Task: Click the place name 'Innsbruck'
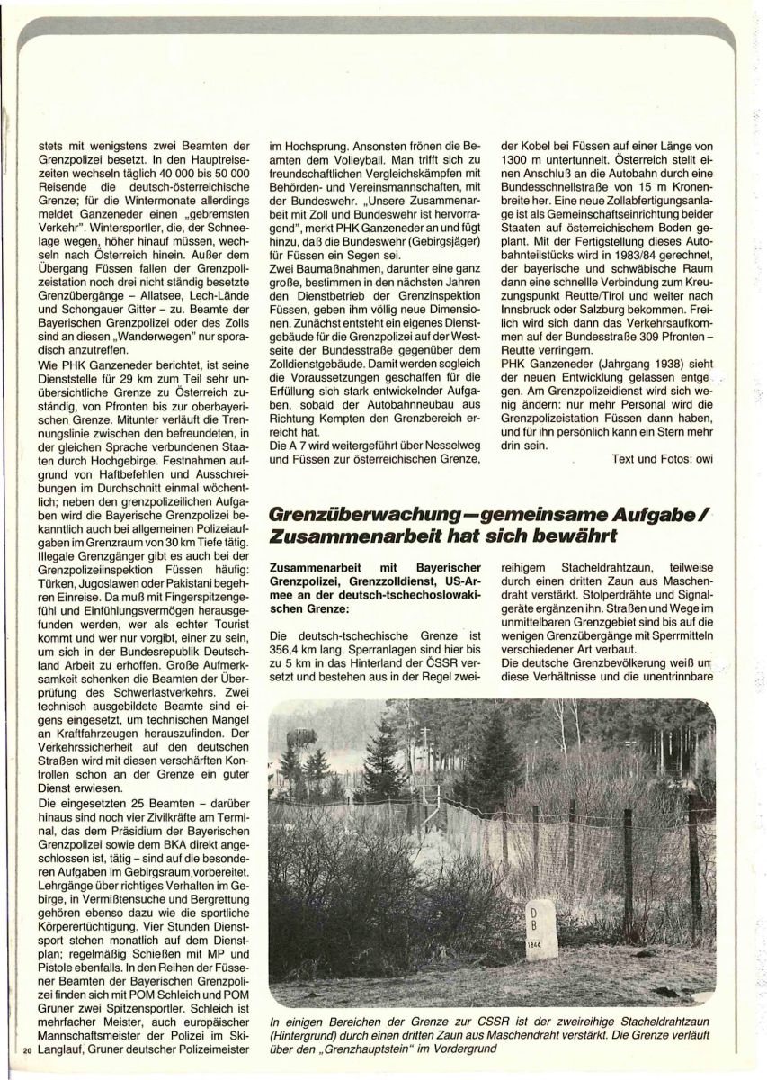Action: pyautogui.click(x=532, y=320)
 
